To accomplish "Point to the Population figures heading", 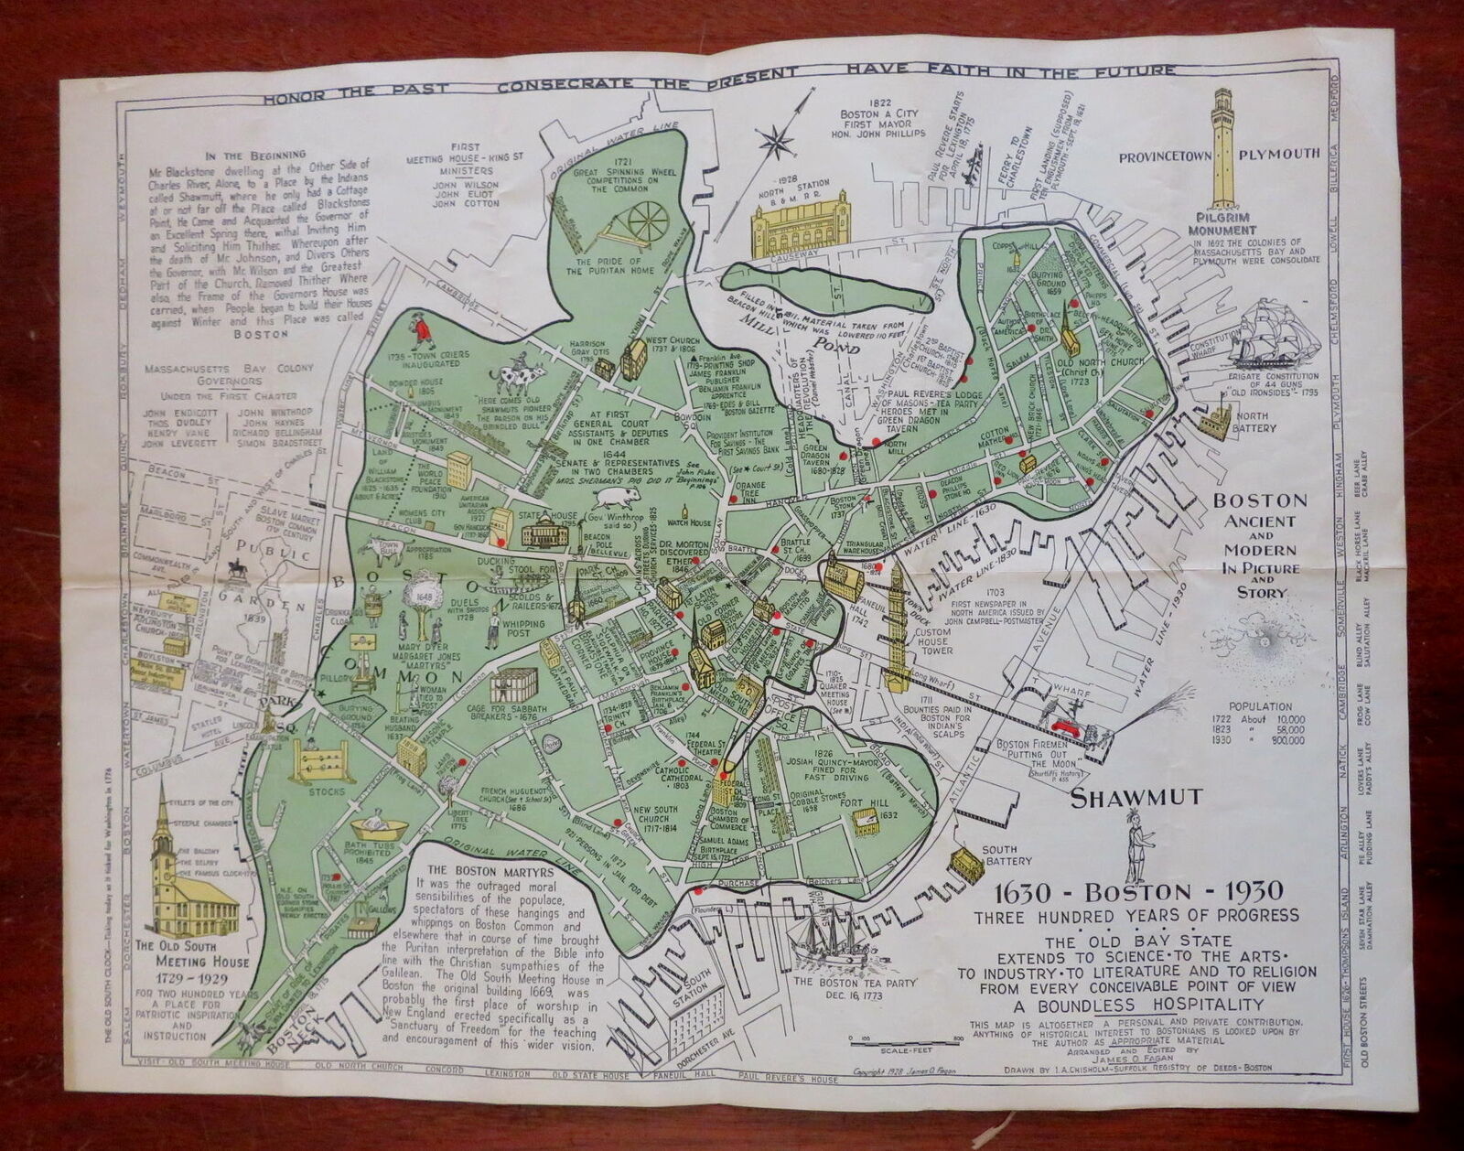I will tap(1262, 706).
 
